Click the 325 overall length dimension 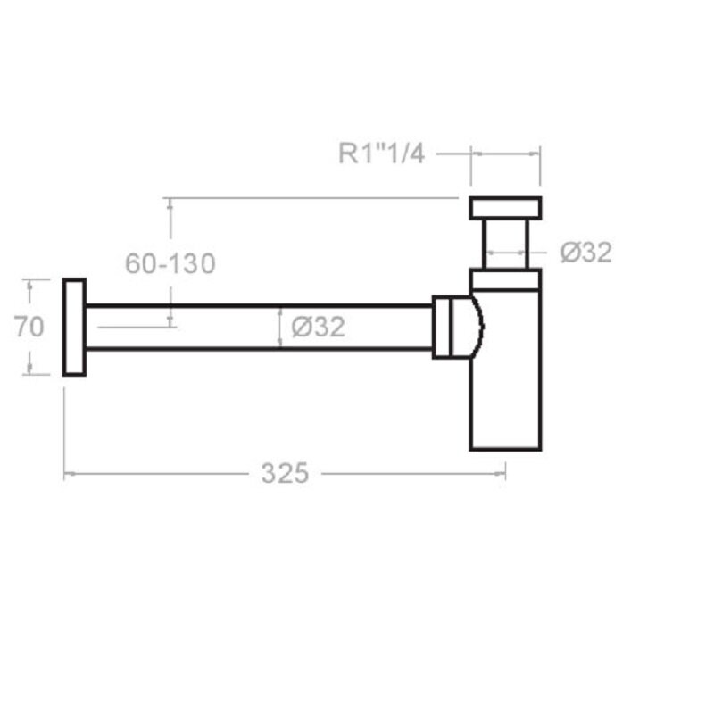[x=285, y=473]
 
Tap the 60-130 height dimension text [x=170, y=263]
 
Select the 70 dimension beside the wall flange [x=29, y=327]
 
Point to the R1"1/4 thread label [x=382, y=154]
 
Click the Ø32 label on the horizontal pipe [x=319, y=327]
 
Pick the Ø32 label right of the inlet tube [x=586, y=252]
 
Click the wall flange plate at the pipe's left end [x=74, y=328]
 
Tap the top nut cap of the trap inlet [x=505, y=208]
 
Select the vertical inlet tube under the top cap [x=505, y=245]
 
